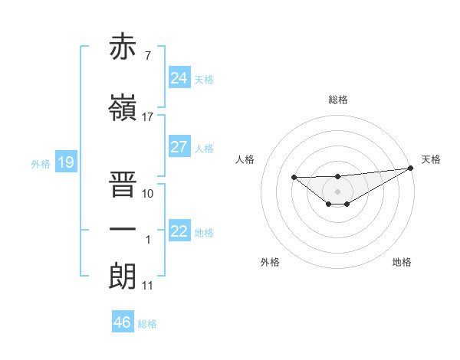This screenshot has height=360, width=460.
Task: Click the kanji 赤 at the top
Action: (x=123, y=47)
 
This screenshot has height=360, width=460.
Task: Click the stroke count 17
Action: (x=148, y=116)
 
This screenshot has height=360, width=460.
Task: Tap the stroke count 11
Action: (x=148, y=286)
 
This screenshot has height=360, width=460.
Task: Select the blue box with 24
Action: (x=179, y=77)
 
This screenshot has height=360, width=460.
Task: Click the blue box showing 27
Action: (x=179, y=146)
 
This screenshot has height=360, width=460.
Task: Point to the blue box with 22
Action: (x=179, y=231)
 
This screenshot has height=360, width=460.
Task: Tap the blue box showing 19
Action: (x=66, y=162)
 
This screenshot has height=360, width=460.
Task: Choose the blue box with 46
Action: (x=123, y=322)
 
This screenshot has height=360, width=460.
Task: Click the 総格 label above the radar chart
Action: (x=338, y=100)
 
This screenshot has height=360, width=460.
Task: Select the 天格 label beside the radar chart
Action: (x=432, y=159)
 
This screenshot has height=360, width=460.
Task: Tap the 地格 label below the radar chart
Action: (x=402, y=262)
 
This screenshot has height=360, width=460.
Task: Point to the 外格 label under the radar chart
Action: (x=270, y=262)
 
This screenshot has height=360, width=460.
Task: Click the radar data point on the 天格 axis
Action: (x=412, y=168)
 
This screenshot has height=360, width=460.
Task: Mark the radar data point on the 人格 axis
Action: (x=294, y=178)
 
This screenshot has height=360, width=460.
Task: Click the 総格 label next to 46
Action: (x=147, y=324)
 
